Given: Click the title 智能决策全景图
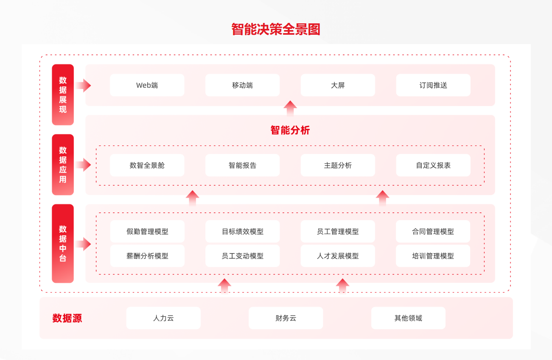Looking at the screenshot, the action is point(276,29).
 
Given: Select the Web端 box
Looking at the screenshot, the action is point(147,85).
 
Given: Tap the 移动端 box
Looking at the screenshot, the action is point(242,85).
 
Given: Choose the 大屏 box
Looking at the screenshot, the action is point(338,85).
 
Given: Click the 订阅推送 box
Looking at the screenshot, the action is point(433,85).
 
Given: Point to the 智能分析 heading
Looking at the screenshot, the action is point(290,130).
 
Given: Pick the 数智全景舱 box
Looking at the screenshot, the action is point(147,165).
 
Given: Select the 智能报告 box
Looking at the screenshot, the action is point(242,165).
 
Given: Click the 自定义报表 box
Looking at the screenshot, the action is point(433,165).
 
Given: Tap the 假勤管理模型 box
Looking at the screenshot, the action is point(147,232).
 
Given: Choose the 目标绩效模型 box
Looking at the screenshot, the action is point(242,232).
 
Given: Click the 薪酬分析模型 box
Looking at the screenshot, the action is point(147,256).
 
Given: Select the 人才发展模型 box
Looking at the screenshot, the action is point(338,256).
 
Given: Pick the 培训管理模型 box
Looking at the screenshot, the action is point(433,256).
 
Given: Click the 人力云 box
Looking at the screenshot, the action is point(163,318).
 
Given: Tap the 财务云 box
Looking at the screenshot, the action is point(286,318).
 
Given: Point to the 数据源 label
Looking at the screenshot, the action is point(67,318).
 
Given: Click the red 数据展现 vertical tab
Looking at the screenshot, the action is point(63,95).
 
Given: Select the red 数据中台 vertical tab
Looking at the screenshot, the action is point(63,243).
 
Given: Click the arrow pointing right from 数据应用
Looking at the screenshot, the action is point(84,165).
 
